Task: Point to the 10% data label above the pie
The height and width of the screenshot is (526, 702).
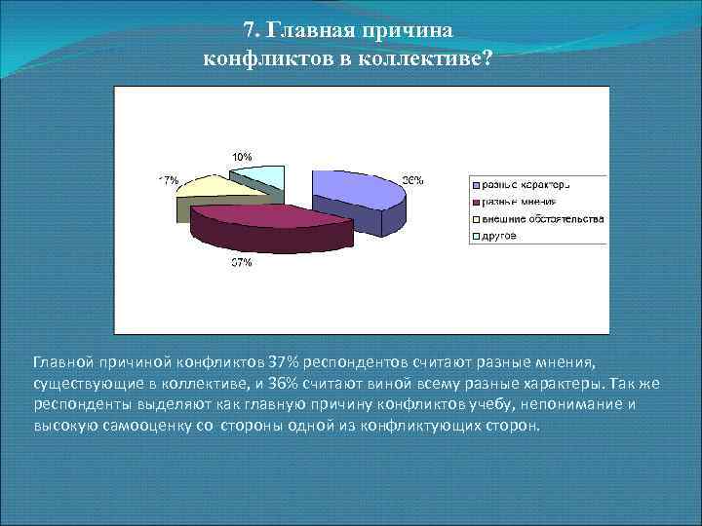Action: [241, 156]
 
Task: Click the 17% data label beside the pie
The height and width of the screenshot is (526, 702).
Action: [168, 180]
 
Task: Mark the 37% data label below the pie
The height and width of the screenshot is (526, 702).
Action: [241, 263]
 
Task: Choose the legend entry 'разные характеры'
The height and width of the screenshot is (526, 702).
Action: [522, 184]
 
